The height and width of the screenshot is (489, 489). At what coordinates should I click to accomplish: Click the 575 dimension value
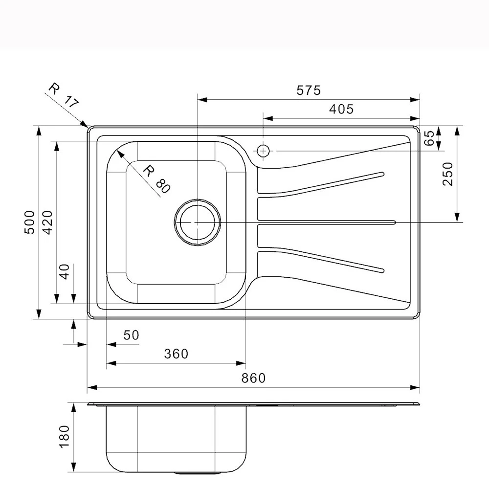click(x=308, y=90)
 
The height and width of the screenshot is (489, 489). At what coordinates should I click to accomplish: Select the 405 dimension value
click(x=341, y=109)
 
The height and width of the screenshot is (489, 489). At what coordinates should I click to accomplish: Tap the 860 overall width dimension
click(x=253, y=378)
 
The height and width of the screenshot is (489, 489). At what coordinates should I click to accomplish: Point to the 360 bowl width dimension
click(x=176, y=354)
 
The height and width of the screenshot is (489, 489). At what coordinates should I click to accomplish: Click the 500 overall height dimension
click(x=30, y=222)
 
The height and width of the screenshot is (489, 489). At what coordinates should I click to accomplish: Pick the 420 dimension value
click(x=47, y=222)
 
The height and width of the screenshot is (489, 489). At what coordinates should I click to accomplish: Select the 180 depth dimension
click(x=65, y=436)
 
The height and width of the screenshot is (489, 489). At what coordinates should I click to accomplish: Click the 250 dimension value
click(x=448, y=174)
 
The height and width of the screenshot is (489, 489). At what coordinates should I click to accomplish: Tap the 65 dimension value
click(x=429, y=138)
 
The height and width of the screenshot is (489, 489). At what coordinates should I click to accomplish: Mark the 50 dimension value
click(x=131, y=335)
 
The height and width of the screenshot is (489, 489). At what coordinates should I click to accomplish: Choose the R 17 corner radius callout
click(x=64, y=95)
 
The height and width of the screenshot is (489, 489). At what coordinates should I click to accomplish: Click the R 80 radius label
click(x=156, y=179)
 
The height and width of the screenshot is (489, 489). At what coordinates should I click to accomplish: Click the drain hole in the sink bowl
click(x=198, y=222)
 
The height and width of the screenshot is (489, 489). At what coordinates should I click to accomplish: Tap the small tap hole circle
click(x=264, y=151)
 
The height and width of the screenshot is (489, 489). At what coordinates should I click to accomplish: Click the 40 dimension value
click(x=65, y=271)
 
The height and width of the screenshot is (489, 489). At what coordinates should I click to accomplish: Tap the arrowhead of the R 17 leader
click(x=85, y=125)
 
